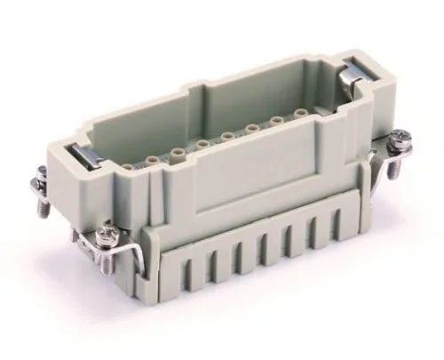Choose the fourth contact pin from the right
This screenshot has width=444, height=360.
229,136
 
